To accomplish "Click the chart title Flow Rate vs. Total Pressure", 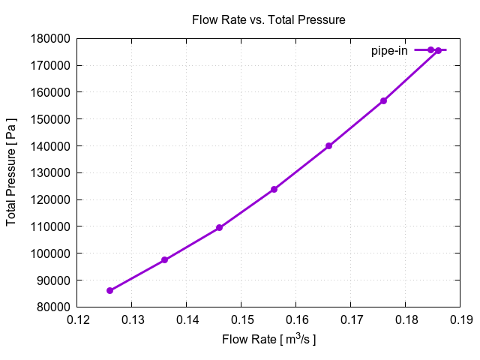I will [x=268, y=20].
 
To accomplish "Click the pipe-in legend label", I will [x=389, y=51].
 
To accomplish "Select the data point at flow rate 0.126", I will [x=109, y=290].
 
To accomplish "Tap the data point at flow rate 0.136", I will [x=164, y=260].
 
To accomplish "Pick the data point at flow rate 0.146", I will [x=219, y=227].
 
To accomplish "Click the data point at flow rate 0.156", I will [x=274, y=189].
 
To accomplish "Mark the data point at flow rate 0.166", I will [x=328, y=146].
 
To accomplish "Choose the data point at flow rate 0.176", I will [x=383, y=100].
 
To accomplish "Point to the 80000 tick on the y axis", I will [x=54, y=307].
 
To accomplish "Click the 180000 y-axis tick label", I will [x=51, y=38].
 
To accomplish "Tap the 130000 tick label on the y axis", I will [x=51, y=172].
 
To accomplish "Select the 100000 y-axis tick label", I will [x=51, y=253].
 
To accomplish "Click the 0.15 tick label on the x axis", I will [x=241, y=321].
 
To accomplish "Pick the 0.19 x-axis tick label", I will [x=460, y=321].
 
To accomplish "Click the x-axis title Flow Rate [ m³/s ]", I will [x=268, y=340].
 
